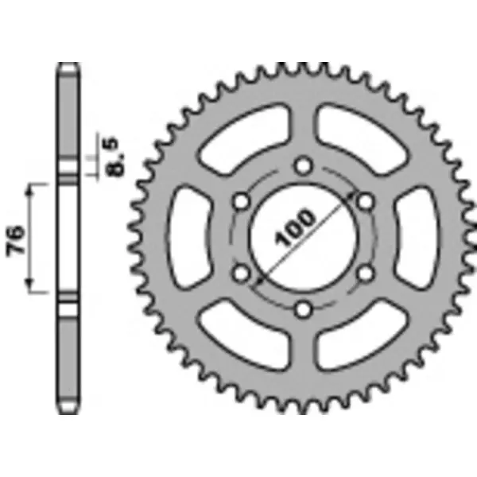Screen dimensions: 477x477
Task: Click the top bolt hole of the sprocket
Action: [x=302, y=165]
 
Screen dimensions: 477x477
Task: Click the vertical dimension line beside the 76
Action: [x=33, y=238]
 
